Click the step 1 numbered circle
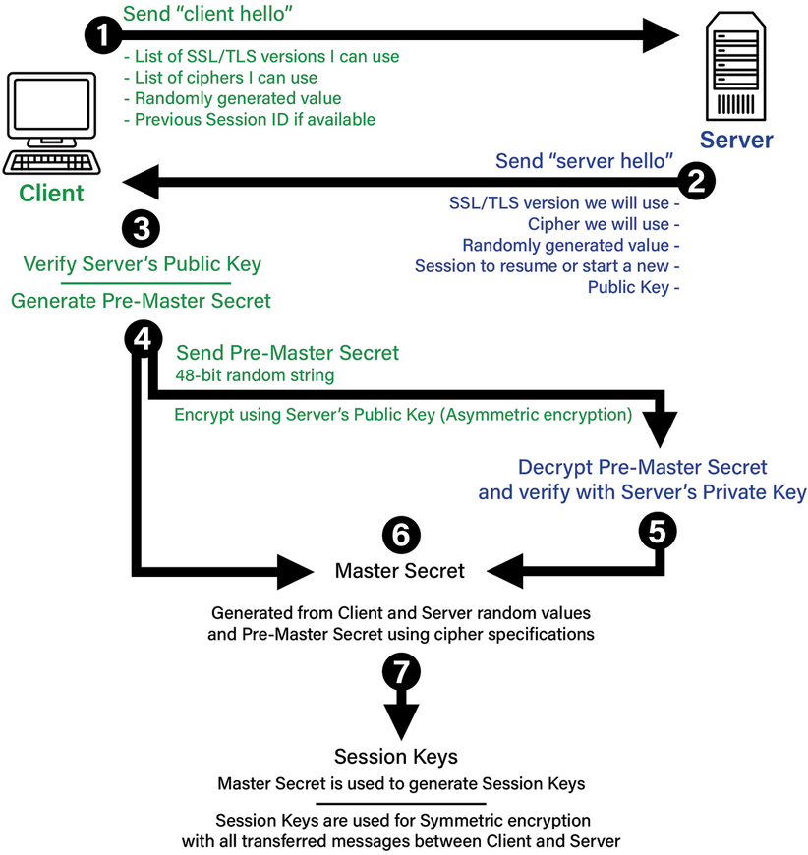point(102,35)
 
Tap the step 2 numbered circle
point(697,181)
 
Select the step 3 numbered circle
point(141,229)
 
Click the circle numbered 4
point(143,339)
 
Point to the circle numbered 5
point(657,532)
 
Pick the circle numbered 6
point(401,535)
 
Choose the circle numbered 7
point(401,673)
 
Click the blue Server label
point(736,140)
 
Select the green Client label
point(52,193)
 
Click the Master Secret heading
point(400,570)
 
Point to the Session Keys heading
point(396,757)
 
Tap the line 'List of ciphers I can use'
point(220,77)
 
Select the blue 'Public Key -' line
point(634,287)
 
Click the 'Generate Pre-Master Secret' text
point(141,301)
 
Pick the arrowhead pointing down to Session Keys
point(400,721)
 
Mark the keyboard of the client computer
point(51,161)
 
